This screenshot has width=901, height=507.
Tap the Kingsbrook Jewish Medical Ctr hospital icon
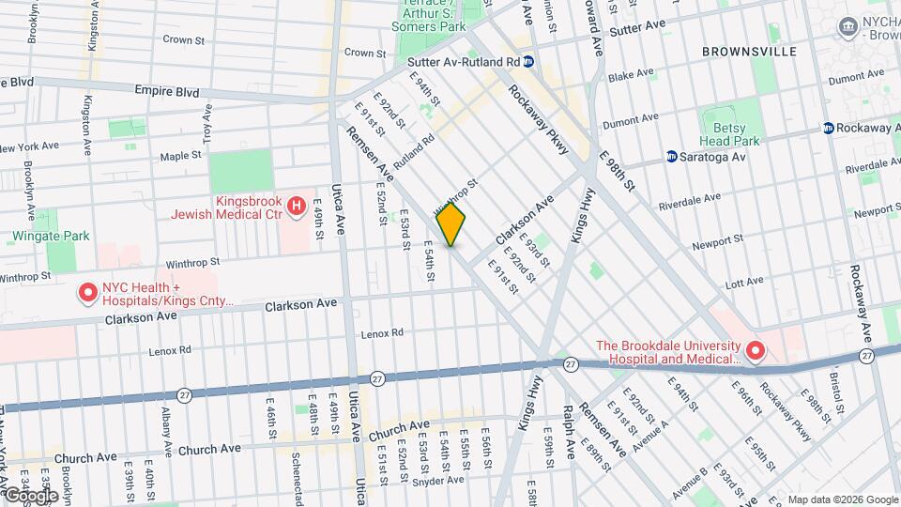297,205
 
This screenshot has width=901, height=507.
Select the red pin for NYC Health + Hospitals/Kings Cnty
88,294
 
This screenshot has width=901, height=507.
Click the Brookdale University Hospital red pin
756,352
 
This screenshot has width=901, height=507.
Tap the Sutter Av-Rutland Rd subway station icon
529,62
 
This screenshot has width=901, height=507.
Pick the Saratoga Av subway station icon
672,156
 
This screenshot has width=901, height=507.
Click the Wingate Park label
51,236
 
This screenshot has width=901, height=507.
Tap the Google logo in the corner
31,495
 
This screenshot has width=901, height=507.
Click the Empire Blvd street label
168,92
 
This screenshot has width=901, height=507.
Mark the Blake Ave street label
628,76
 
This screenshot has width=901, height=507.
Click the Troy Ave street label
207,120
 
